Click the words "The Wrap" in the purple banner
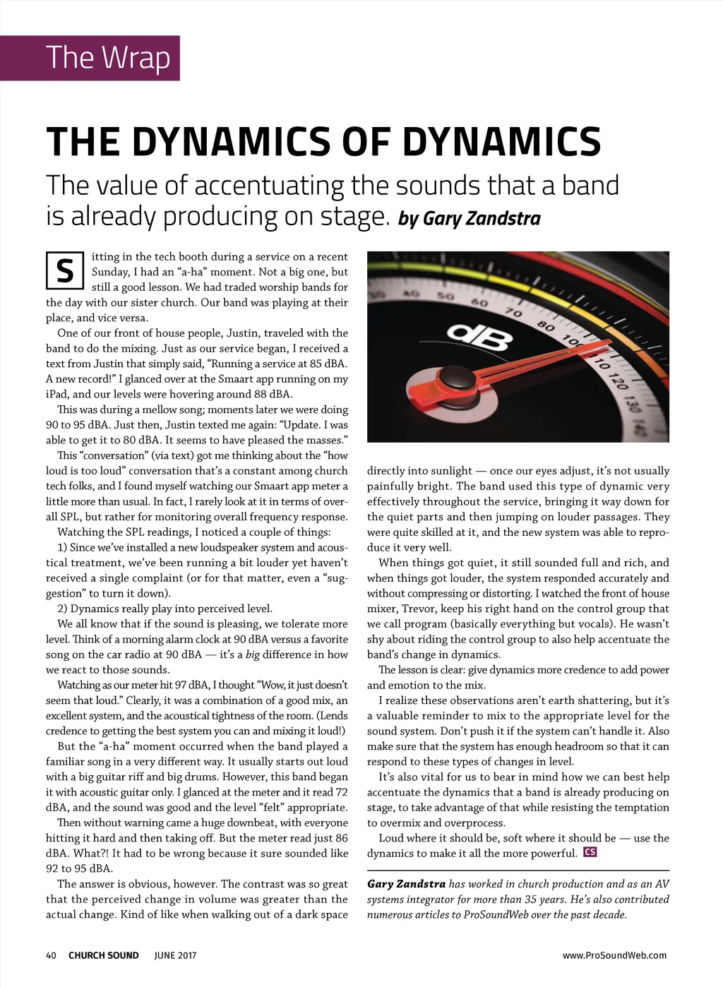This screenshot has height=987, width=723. click(x=107, y=58)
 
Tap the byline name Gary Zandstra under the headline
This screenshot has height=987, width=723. click(x=482, y=219)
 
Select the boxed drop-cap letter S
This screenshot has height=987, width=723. click(x=65, y=270)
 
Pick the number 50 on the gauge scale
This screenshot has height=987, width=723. click(x=446, y=296)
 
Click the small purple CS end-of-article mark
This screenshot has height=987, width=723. click(x=590, y=852)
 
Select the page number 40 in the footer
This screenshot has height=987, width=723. click(x=51, y=955)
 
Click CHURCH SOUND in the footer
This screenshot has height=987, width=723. click(x=104, y=955)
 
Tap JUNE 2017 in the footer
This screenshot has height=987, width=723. click(x=175, y=955)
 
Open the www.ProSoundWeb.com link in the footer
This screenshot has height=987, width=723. click(x=614, y=955)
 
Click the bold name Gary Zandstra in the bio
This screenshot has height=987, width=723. click(x=406, y=884)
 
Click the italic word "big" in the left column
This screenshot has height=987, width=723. click(x=252, y=654)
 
